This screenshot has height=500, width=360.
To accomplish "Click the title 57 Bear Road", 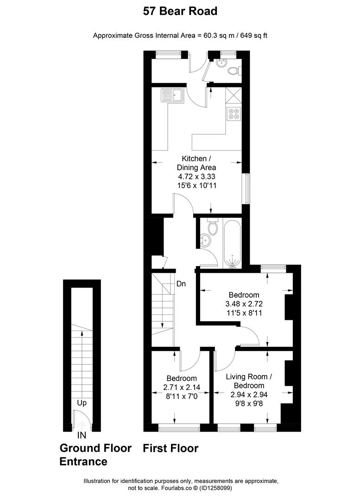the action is click(x=180, y=12).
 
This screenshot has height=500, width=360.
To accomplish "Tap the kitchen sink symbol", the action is click(x=172, y=95).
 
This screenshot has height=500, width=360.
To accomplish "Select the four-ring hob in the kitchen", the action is click(x=234, y=113).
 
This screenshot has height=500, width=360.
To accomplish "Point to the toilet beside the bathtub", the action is click(x=212, y=226).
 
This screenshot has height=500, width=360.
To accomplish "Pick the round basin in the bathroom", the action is click(x=204, y=240).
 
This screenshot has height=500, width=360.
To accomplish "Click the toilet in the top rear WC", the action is click(x=234, y=70).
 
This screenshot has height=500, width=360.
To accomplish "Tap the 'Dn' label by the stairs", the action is click(x=181, y=283).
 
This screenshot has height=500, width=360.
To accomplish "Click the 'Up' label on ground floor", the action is click(x=82, y=403).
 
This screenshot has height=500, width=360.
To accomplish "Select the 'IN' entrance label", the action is click(x=82, y=435).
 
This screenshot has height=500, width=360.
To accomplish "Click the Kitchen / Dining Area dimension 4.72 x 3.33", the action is click(x=196, y=176).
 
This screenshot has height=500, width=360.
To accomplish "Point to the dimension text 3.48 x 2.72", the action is click(x=244, y=304).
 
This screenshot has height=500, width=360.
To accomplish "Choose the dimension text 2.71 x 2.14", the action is click(x=182, y=387).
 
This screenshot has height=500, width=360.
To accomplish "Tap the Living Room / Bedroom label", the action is click(x=249, y=381).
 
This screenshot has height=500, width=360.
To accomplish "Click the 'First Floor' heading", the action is click(x=171, y=448).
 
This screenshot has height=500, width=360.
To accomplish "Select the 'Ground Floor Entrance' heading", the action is click(x=95, y=455).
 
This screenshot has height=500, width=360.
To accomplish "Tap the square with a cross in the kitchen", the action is click(x=234, y=95).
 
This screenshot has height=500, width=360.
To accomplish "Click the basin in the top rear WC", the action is click(x=221, y=63).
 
